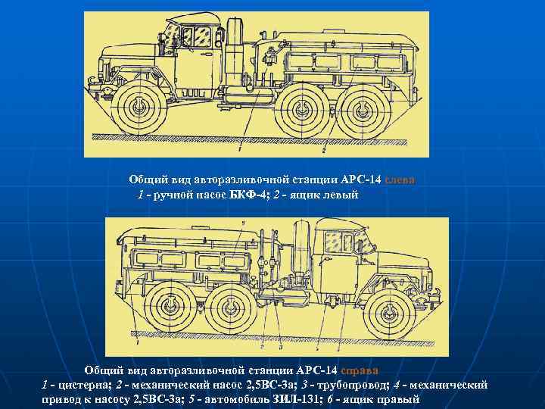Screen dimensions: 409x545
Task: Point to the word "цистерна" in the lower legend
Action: [x=81, y=386]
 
